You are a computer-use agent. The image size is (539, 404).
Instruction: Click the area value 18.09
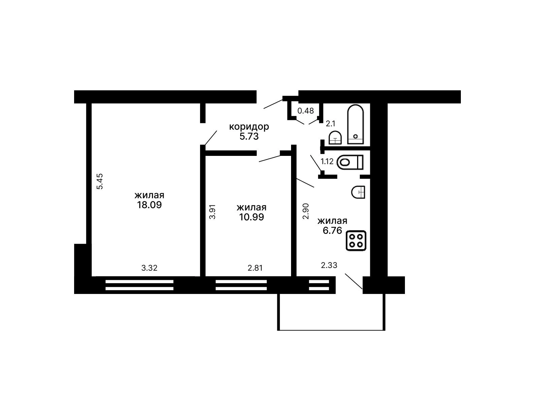[x=149, y=205]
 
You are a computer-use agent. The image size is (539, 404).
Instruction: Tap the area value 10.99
[x=251, y=217]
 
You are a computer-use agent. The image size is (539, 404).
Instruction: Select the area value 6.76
[x=332, y=231]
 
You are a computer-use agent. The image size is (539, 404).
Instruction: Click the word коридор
[x=249, y=127]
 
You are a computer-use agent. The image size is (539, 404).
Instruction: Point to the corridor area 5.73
[x=249, y=136]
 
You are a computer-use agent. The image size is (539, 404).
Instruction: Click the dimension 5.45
[x=100, y=181]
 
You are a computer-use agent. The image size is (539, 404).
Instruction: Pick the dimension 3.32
[x=149, y=268]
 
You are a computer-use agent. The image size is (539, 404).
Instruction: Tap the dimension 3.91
[x=212, y=212]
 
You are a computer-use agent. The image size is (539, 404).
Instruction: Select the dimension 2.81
[x=255, y=268]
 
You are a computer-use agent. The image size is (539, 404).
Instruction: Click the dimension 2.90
[x=306, y=211]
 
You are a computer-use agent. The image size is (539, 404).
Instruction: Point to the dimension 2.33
[x=329, y=265]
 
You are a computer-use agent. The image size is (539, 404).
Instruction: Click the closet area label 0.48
[x=306, y=111]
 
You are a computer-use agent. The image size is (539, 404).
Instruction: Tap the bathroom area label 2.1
[x=330, y=124]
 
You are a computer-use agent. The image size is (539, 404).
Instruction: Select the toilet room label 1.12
[x=327, y=161]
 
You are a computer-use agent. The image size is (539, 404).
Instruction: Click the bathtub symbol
[x=355, y=124]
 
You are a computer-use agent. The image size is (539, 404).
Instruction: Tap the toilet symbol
[x=350, y=162]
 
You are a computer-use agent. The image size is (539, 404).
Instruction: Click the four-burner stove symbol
[x=356, y=241]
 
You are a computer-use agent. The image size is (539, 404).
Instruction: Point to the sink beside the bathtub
[x=335, y=138]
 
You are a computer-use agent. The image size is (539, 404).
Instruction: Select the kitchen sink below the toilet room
[x=358, y=192]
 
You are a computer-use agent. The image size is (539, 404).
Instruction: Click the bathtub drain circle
[x=355, y=137]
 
